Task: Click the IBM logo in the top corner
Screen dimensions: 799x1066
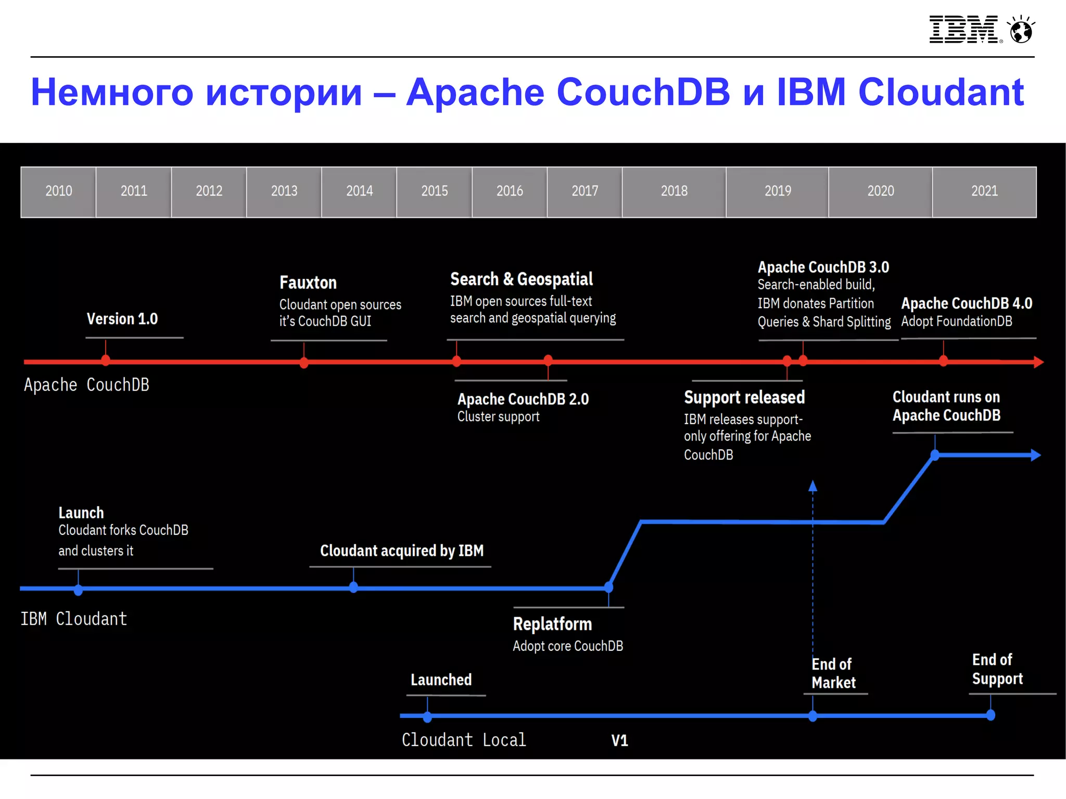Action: pos(963,29)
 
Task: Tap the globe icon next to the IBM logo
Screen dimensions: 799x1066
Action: pos(1021,30)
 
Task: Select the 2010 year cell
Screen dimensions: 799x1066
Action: pos(58,191)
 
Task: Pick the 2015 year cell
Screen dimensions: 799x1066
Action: pos(434,191)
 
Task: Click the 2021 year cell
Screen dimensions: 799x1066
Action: pos(984,191)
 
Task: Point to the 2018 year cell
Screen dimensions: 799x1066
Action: pos(674,191)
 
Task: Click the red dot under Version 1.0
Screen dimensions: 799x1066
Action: pos(106,360)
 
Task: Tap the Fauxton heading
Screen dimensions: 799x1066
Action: pos(308,282)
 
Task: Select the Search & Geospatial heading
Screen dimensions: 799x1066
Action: pos(521,279)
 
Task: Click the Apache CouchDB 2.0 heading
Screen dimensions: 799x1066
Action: pos(523,399)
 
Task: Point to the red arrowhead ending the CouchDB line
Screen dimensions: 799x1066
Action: pos(1039,362)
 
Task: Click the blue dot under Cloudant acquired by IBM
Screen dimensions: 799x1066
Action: pos(353,587)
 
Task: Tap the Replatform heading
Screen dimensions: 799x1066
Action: pos(552,624)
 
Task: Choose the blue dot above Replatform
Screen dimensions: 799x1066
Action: pos(608,587)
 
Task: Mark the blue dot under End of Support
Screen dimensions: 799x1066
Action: pos(991,715)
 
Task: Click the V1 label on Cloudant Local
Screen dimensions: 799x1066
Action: pos(619,740)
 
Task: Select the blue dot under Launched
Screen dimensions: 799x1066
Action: pos(427,717)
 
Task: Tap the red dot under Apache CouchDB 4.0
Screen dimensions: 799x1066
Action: pos(943,360)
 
